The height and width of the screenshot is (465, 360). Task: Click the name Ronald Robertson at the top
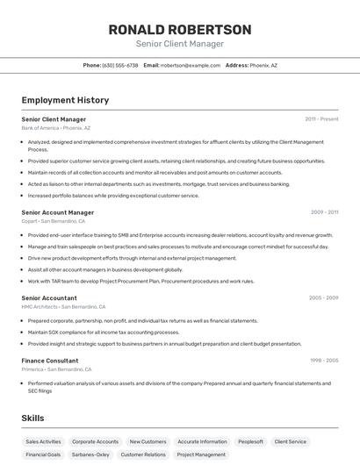point(180,29)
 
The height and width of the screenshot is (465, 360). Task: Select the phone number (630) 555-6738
point(120,65)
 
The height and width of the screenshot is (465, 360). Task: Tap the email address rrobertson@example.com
point(191,65)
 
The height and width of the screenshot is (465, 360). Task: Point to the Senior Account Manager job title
point(57,212)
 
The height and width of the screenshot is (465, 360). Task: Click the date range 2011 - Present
point(321,118)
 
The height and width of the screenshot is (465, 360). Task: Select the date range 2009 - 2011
point(324,212)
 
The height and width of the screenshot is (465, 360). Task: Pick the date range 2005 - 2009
point(323,297)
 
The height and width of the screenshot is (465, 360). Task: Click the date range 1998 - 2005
point(323,361)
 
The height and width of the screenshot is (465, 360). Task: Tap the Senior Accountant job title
point(50,297)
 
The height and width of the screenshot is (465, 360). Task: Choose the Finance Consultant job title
point(50,361)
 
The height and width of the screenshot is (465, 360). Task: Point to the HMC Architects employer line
point(63,307)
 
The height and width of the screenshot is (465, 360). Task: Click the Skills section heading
point(33,418)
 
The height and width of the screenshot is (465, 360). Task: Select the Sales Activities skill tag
point(43,441)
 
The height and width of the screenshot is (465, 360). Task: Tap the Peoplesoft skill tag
point(250,441)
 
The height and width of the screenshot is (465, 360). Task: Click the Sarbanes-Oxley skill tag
point(90,454)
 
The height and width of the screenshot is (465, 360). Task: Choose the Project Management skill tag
point(201,454)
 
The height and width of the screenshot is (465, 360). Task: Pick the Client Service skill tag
point(290,441)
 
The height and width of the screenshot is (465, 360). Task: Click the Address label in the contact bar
point(236,65)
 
